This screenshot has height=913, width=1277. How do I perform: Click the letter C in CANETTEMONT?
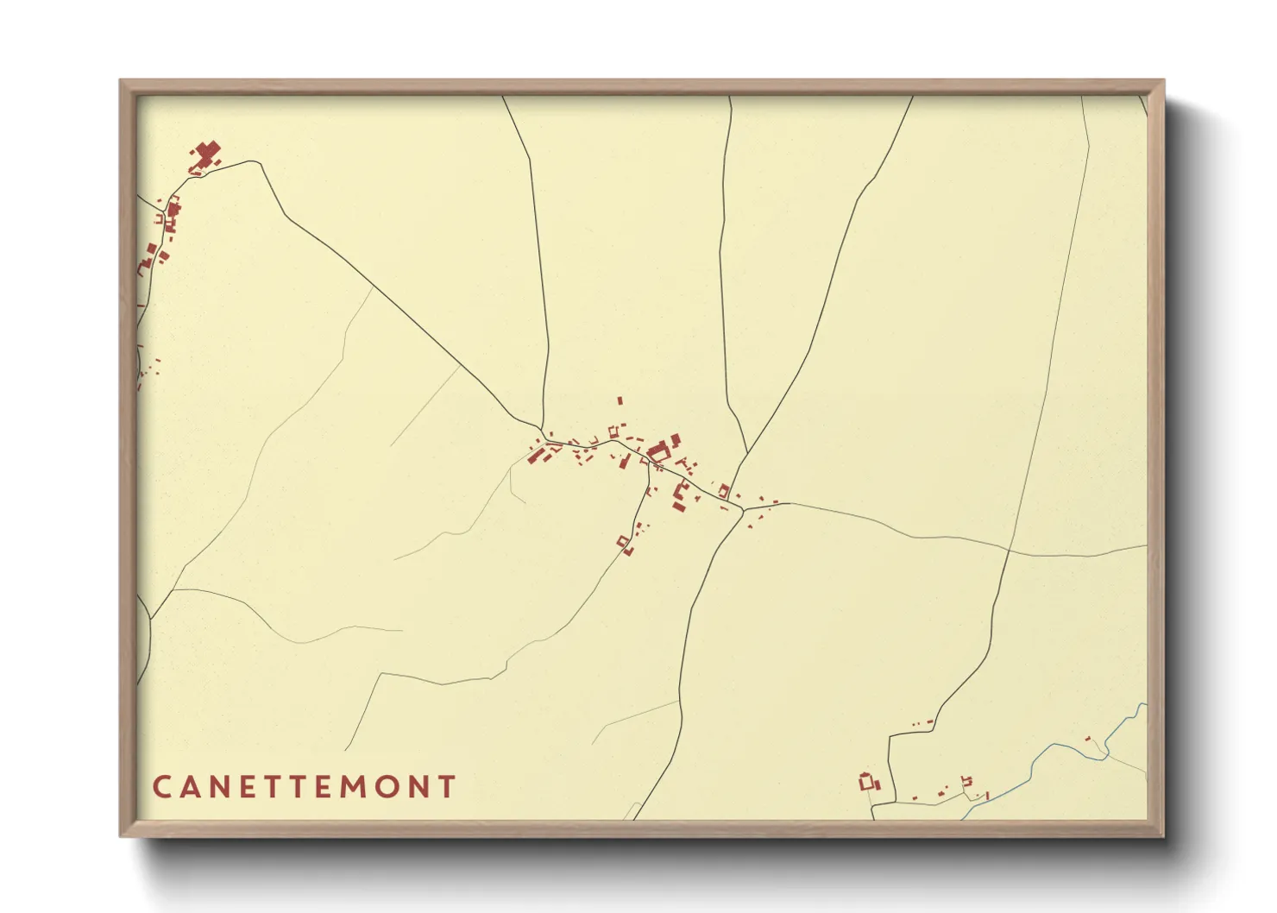tap(161, 787)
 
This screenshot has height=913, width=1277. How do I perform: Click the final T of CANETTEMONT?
tap(446, 787)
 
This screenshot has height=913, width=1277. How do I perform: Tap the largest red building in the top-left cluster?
tap(205, 155)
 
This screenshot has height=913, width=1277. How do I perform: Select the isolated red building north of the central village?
tap(620, 400)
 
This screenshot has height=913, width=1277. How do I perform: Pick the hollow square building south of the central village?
tap(622, 541)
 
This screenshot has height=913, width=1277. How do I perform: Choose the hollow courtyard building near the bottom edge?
tap(867, 782)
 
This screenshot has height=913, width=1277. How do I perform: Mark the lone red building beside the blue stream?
tap(1088, 739)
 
